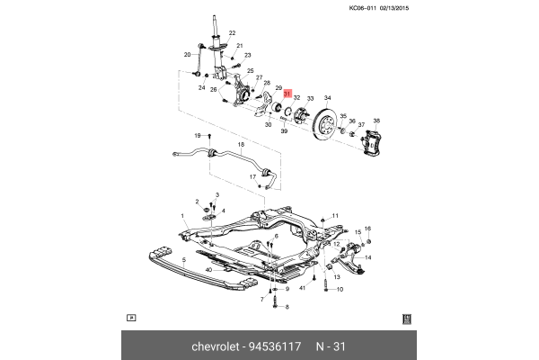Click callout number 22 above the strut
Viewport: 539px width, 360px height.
(x=231, y=33)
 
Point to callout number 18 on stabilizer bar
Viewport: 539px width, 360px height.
(x=240, y=145)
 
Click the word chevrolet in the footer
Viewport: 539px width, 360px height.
(x=220, y=346)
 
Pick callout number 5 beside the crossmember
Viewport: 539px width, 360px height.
(x=184, y=261)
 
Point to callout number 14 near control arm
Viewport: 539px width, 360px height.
(x=367, y=258)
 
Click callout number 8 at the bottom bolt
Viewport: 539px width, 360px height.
(x=287, y=307)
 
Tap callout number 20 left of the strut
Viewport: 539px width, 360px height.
(x=189, y=54)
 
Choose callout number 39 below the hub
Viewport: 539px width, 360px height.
(x=283, y=131)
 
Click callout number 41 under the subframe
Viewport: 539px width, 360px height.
(x=303, y=288)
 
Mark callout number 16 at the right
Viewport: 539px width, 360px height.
(x=367, y=229)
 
